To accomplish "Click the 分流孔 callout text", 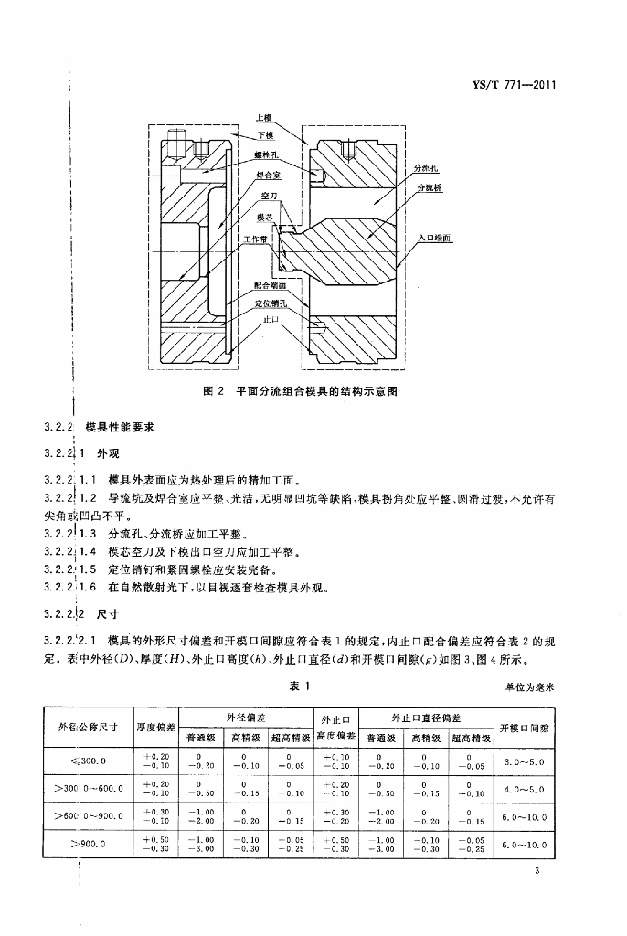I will coord(427,169).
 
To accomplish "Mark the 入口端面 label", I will coord(434,237).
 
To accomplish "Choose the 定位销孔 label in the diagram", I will coord(271,303).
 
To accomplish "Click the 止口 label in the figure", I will coord(271,320).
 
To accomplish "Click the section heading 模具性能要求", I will coord(122,427).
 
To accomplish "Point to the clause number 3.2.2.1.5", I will coord(70,569).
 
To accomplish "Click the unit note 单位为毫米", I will coord(533,686).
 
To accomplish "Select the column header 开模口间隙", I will coord(525,728).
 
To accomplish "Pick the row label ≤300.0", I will coord(87,760).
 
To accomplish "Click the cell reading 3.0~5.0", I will coord(524,760).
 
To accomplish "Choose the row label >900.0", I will coord(87,846).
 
